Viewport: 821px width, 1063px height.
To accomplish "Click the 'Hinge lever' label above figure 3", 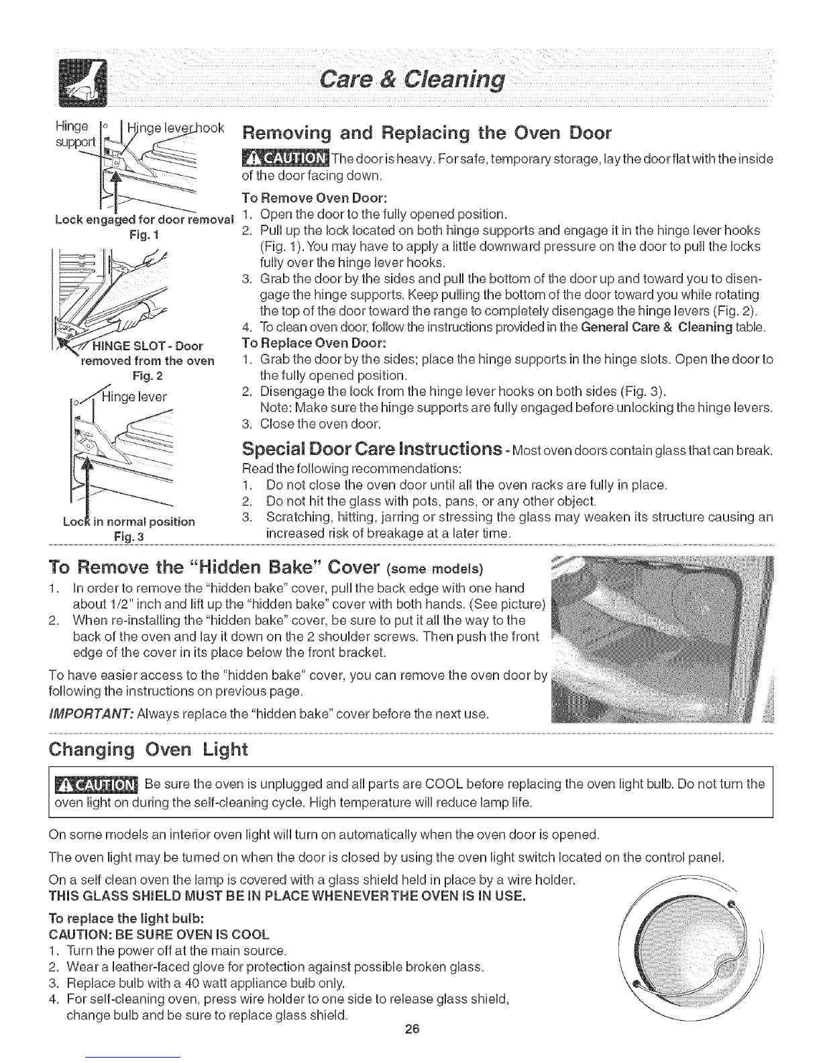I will (138, 396).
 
